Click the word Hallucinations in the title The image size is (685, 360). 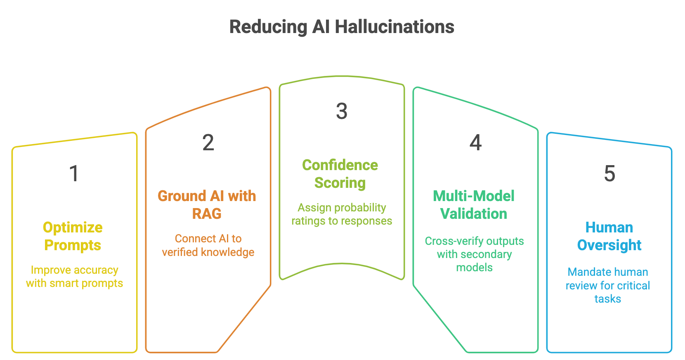(394, 27)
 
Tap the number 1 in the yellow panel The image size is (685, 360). (74, 173)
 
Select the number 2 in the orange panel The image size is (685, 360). (208, 143)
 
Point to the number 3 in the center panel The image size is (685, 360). (342, 111)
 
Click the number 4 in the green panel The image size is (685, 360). (475, 143)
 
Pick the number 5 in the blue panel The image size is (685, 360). (609, 173)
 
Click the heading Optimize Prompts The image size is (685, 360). (73, 236)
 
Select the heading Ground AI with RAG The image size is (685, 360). (207, 205)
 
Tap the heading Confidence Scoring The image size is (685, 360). (340, 174)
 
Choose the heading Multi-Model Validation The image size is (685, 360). (474, 205)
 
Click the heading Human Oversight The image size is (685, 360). (609, 236)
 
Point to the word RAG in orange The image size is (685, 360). (207, 214)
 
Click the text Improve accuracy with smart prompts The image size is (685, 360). (74, 277)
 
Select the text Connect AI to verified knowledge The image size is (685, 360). (208, 245)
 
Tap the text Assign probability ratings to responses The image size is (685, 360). (342, 214)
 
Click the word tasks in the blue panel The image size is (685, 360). (607, 299)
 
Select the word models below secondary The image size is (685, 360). (474, 268)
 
